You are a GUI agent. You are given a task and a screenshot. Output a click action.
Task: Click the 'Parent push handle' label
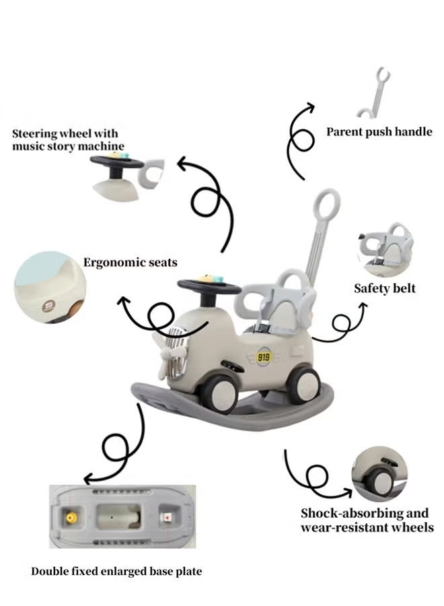(379, 132)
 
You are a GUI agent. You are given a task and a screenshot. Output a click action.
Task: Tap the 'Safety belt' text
(385, 288)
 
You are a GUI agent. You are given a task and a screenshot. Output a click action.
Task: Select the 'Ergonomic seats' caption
(131, 262)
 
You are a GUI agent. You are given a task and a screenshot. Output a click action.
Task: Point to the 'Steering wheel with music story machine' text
(68, 139)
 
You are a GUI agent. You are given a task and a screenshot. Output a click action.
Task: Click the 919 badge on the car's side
(264, 357)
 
